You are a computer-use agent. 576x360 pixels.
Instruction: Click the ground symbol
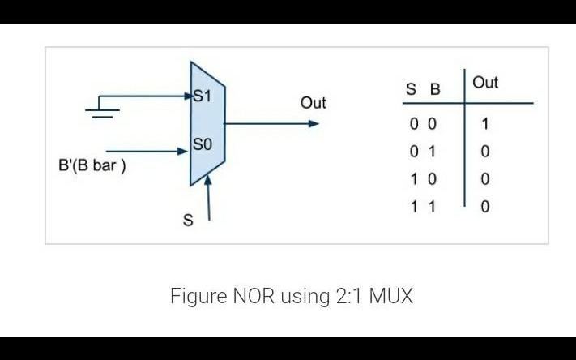[x=102, y=109]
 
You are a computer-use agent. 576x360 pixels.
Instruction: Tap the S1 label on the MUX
[x=202, y=96]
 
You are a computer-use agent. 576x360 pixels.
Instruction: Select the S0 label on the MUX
[x=202, y=145]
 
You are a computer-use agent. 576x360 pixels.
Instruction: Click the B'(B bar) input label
[x=92, y=165]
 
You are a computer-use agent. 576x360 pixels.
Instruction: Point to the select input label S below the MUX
[x=188, y=221]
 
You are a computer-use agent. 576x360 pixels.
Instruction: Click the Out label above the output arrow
[x=313, y=103]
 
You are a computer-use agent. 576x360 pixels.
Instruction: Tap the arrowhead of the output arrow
[x=314, y=124]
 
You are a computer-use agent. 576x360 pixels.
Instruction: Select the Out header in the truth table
[x=485, y=83]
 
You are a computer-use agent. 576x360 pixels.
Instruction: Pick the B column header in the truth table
[x=435, y=89]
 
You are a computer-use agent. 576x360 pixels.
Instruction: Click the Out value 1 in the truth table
[x=485, y=125]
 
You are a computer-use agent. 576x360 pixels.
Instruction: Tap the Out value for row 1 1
[x=485, y=207]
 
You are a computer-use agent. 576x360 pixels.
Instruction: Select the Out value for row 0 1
[x=485, y=152]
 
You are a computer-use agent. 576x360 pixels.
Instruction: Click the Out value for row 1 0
[x=485, y=179]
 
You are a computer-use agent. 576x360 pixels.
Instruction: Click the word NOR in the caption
[x=254, y=296]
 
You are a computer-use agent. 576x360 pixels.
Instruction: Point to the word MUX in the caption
[x=390, y=296]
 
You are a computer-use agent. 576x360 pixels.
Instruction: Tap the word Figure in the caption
[x=198, y=296]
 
